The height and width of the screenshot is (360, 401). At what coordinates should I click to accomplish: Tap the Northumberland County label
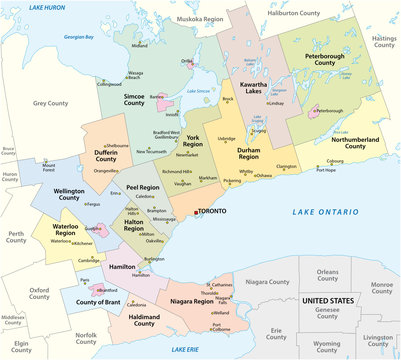[x=351, y=143]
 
